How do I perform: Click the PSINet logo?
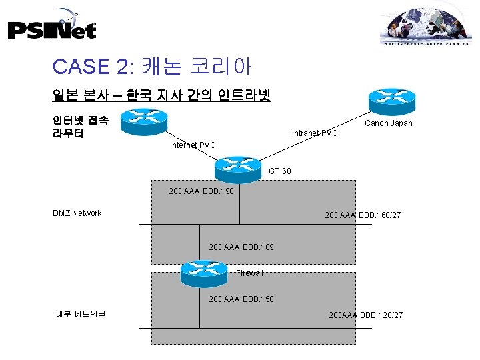[x=52, y=26]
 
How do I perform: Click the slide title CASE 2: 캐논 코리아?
[x=151, y=66]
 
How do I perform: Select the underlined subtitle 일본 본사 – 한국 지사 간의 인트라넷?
[x=161, y=95]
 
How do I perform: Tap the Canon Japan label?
[x=388, y=123]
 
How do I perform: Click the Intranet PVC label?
[x=315, y=133]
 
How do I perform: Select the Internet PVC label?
[x=193, y=145]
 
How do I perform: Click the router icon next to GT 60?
[x=238, y=168]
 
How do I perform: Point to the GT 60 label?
[x=279, y=172]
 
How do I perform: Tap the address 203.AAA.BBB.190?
[x=200, y=191]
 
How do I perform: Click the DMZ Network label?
[x=77, y=213]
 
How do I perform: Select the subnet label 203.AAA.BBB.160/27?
[x=362, y=215]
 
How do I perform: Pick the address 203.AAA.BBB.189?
[x=241, y=247]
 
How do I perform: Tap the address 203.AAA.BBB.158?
[x=241, y=299]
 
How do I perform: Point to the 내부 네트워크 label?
[x=81, y=313]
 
